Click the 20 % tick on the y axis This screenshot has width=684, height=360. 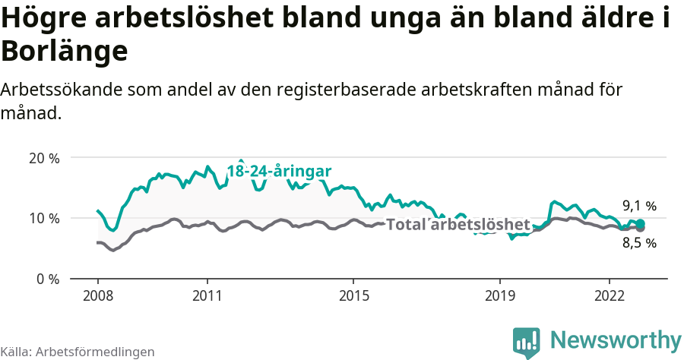tap(43, 158)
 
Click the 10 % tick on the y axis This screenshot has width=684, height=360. tap(43, 219)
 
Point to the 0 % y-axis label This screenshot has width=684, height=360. tap(46, 279)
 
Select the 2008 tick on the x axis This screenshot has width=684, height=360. tap(98, 295)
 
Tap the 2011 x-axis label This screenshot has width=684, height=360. tap(207, 295)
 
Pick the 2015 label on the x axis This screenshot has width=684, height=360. tap(353, 295)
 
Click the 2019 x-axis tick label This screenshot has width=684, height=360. tap(500, 295)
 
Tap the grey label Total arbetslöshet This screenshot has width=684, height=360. tap(458, 225)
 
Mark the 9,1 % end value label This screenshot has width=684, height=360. tap(639, 206)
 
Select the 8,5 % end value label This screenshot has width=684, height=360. tap(639, 243)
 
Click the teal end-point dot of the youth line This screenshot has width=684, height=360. tap(641, 223)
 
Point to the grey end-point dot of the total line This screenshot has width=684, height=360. tap(641, 228)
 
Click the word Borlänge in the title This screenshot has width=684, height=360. tap(64, 51)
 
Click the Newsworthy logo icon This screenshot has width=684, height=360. tap(527, 342)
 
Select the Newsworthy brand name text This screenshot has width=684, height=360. tap(616, 340)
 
